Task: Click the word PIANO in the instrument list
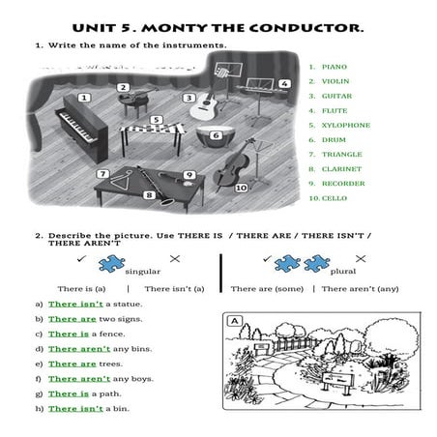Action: point(334,67)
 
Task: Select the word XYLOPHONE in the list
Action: point(345,125)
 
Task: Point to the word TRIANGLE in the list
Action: point(341,154)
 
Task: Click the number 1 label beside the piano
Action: point(84,98)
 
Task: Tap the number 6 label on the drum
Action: point(216,135)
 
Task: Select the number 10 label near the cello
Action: point(241,187)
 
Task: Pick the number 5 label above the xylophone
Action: point(157,120)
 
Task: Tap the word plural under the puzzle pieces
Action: point(343,272)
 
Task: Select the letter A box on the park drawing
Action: point(233,320)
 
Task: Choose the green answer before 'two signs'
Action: point(72,318)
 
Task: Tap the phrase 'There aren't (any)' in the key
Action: point(360,288)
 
